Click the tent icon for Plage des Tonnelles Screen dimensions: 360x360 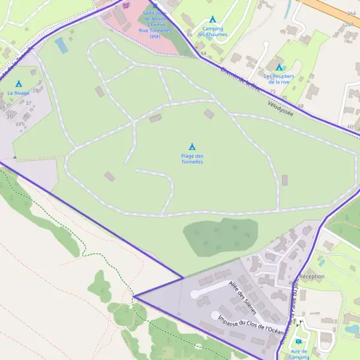(x=192, y=147)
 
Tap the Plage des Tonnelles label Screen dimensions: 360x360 (x=192, y=159)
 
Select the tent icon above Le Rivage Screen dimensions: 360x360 (x=18, y=84)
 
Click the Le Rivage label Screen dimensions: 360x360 (x=18, y=94)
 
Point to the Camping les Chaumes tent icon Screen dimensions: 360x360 (x=212, y=20)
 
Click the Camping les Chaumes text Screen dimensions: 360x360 (x=212, y=31)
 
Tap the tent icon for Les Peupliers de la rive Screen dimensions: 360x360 (x=279, y=67)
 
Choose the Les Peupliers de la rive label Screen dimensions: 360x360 (x=279, y=79)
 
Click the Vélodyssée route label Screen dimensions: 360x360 (x=280, y=109)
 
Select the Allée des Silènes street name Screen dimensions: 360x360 (x=243, y=298)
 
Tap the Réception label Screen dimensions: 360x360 (x=311, y=277)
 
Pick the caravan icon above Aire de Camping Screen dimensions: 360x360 (x=299, y=341)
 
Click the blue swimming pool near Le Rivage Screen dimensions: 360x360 (x=61, y=45)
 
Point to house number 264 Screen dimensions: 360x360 (x=350, y=13)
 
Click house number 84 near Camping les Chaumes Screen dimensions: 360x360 (x=203, y=53)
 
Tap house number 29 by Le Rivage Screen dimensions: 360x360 (x=35, y=90)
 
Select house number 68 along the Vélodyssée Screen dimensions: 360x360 (x=300, y=106)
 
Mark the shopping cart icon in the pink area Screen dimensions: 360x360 (x=125, y=5)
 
